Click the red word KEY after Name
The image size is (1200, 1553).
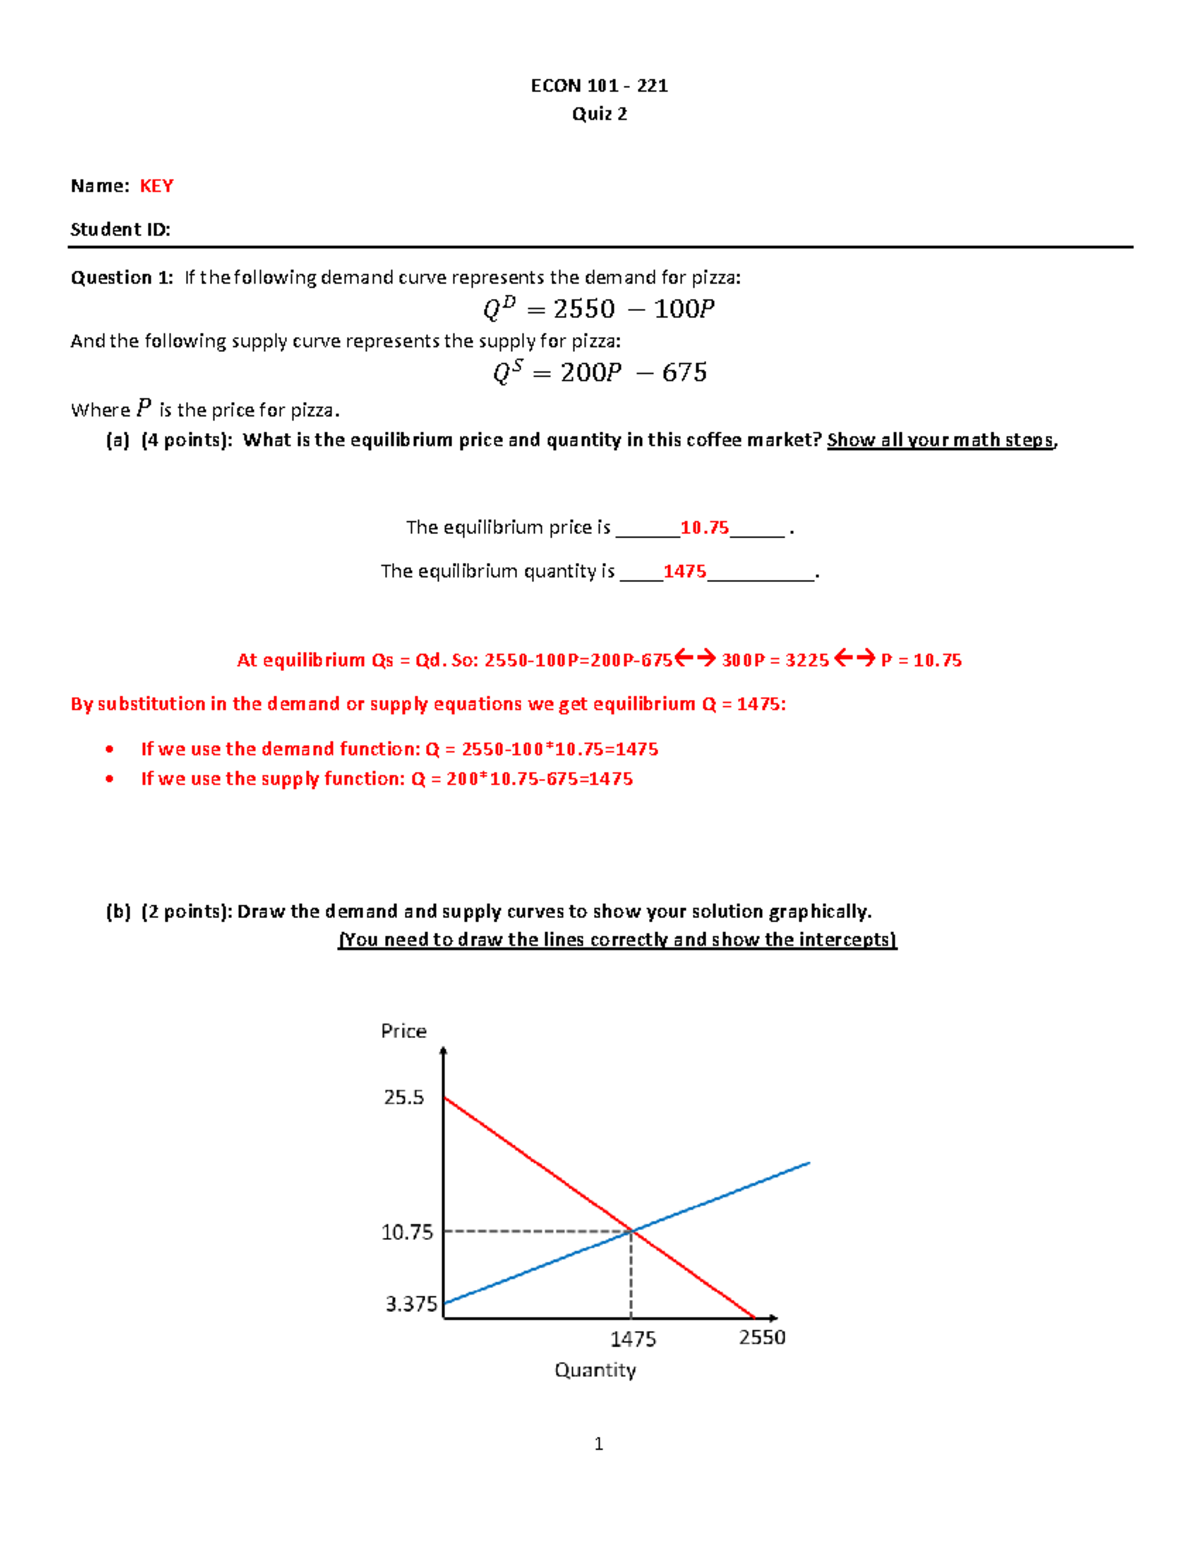click(156, 186)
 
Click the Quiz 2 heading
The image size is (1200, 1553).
click(599, 114)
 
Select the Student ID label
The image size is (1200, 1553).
click(120, 229)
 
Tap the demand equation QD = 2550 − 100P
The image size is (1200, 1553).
click(598, 308)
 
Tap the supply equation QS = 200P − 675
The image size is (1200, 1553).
click(599, 372)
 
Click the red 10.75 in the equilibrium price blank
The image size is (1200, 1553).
click(704, 527)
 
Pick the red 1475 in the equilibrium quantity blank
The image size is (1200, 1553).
click(684, 571)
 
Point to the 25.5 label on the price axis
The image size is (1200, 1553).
click(404, 1097)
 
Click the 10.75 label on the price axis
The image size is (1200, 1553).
click(407, 1232)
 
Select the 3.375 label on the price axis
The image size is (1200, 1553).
click(411, 1304)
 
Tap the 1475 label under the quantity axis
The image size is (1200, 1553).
click(633, 1339)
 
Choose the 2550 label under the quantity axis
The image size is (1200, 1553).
click(762, 1337)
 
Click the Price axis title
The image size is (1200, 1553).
click(403, 1031)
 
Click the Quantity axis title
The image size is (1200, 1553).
click(595, 1370)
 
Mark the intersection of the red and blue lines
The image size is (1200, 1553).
click(631, 1231)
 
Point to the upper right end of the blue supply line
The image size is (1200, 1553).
click(808, 1163)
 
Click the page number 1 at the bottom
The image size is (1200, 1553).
click(598, 1443)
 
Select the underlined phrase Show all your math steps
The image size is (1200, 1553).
click(940, 440)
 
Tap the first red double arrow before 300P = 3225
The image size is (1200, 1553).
click(695, 658)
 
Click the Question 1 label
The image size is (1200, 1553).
click(121, 277)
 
